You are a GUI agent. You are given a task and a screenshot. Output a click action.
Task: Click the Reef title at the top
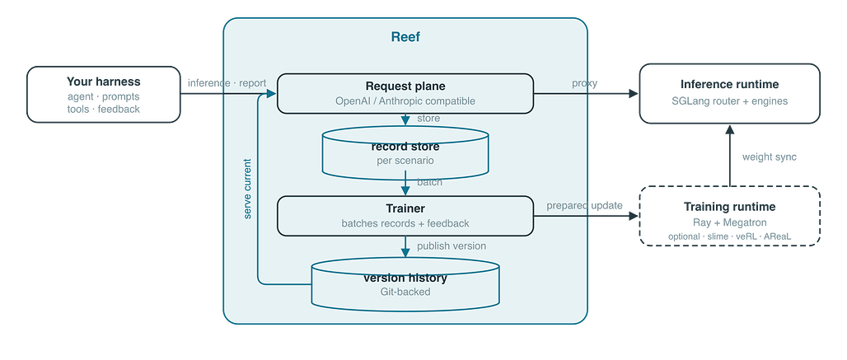click(405, 37)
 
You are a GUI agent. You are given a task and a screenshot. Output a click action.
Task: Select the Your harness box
click(104, 95)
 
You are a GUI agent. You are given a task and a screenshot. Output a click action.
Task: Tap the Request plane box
click(405, 93)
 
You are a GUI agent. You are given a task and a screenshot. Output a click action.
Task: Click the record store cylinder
click(405, 152)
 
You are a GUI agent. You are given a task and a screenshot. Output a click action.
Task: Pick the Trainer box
click(405, 216)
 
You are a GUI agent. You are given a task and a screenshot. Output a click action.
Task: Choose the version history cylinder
click(405, 284)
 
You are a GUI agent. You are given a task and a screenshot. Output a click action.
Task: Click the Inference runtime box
click(730, 93)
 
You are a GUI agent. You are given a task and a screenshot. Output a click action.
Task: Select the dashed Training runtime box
click(730, 216)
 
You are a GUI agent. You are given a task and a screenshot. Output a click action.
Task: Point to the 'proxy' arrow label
click(584, 83)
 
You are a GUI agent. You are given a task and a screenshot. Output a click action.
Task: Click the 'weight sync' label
click(770, 157)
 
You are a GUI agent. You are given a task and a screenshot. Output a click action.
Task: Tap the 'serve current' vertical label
click(247, 189)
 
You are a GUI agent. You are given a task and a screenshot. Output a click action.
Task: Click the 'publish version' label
click(452, 246)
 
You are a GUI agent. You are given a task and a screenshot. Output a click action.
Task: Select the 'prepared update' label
click(584, 206)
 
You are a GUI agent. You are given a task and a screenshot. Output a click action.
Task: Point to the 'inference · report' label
click(227, 83)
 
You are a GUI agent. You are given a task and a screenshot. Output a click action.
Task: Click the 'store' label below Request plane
click(428, 118)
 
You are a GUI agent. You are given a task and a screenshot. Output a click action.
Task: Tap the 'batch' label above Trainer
click(429, 182)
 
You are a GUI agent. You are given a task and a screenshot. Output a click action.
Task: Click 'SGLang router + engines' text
click(730, 101)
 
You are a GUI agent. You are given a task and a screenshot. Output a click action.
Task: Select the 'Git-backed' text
click(405, 292)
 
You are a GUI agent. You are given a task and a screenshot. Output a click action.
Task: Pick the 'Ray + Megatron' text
click(730, 222)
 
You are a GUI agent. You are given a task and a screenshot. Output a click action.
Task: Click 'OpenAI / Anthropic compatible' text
click(405, 101)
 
